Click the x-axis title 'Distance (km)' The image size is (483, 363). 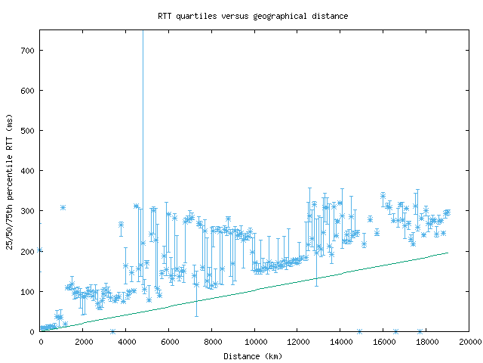click(x=253, y=356)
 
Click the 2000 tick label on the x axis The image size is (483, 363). click(x=83, y=343)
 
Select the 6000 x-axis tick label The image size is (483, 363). click(x=169, y=343)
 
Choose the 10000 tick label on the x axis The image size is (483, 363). click(x=254, y=343)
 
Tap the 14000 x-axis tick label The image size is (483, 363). click(x=340, y=343)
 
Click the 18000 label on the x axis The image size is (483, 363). click(x=426, y=343)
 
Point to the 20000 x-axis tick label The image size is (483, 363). click(x=469, y=343)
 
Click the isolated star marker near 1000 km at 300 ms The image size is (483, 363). click(x=63, y=207)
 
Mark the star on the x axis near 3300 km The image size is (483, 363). click(x=112, y=331)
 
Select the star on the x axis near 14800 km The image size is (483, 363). click(x=359, y=331)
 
